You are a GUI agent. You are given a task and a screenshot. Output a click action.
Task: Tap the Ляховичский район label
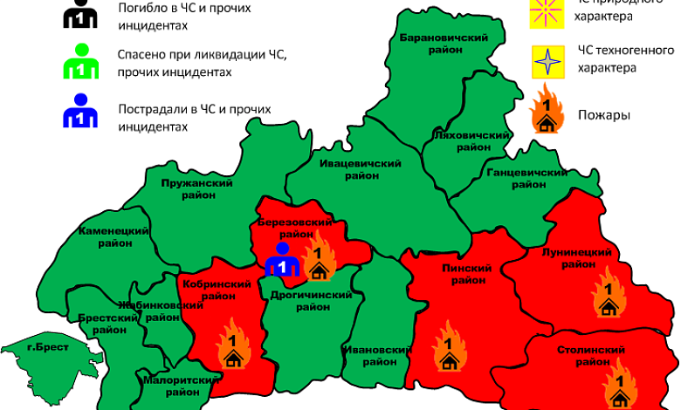point(471,141)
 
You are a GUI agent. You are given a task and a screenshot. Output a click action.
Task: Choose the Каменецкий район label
point(113,236)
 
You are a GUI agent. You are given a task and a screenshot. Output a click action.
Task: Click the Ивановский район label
point(376,355)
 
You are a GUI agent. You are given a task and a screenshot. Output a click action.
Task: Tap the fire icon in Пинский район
point(449,346)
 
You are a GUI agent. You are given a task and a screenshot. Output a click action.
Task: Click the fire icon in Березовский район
point(318,256)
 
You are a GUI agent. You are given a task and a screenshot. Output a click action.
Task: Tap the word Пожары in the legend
point(604,115)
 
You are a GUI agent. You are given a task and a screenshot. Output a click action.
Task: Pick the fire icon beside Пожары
point(547,110)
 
